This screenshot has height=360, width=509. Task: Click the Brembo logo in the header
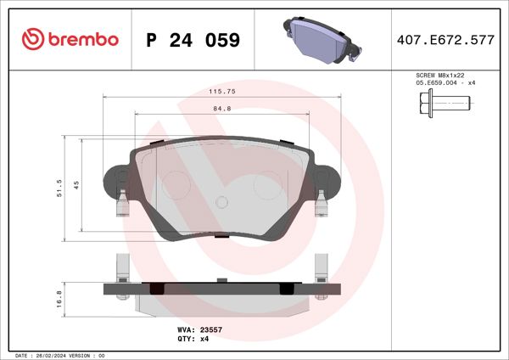click(x=70, y=39)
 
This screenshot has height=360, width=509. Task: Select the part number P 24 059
click(x=193, y=40)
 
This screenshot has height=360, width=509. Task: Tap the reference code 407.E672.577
click(x=445, y=39)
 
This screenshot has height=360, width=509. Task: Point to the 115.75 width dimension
click(x=221, y=91)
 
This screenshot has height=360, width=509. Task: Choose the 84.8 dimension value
click(x=221, y=108)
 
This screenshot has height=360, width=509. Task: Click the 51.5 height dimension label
click(x=59, y=188)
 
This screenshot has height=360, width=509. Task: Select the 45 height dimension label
click(x=76, y=185)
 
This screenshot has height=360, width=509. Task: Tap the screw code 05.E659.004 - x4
click(x=445, y=84)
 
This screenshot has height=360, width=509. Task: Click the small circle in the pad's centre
click(x=221, y=203)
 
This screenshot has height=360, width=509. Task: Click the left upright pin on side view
click(x=120, y=267)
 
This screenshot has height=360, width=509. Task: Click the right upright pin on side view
click(x=321, y=267)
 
